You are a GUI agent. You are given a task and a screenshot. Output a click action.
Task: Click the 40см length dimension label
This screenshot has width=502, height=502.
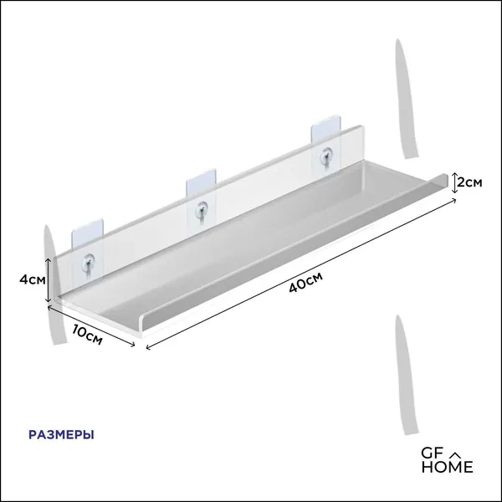[x=305, y=282]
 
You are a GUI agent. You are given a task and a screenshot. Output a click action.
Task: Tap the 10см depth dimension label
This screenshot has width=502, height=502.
[x=87, y=335]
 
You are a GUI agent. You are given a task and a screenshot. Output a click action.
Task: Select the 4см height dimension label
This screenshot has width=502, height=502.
[x=33, y=279]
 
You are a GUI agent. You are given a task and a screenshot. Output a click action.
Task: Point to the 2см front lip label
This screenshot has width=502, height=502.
[x=469, y=182]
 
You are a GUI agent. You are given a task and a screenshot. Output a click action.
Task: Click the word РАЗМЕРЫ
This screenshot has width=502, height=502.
[x=61, y=435]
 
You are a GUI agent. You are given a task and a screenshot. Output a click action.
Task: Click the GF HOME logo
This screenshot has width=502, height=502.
[x=447, y=461]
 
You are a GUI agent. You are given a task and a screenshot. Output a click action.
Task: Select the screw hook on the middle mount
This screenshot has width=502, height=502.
[x=202, y=210]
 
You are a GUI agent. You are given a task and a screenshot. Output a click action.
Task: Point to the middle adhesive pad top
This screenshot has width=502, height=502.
[x=202, y=183]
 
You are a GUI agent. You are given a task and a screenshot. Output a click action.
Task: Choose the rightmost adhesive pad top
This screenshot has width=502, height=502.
[x=325, y=129]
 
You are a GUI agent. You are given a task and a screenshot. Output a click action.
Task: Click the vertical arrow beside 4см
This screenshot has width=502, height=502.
[x=48, y=280]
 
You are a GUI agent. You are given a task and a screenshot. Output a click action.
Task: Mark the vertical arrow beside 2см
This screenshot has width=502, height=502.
[x=454, y=182]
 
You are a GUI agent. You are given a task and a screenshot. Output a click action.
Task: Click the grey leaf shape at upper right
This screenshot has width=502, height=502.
[x=407, y=99]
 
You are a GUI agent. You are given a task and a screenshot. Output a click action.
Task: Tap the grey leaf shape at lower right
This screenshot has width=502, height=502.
[x=406, y=375]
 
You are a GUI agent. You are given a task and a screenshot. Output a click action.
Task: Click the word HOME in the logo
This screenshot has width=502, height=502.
[x=447, y=467]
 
